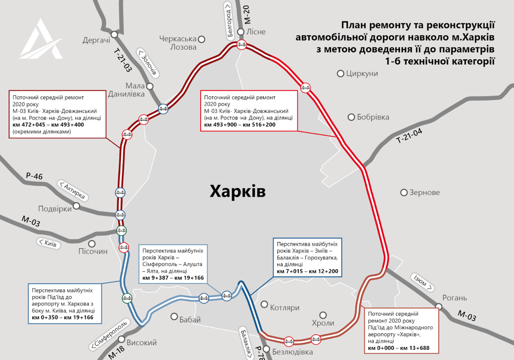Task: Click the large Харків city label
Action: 237,191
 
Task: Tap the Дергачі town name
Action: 96,40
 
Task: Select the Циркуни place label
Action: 362,74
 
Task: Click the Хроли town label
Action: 323,323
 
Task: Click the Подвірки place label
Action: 55,208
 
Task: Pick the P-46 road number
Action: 34,177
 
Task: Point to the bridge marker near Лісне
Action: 241,45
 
